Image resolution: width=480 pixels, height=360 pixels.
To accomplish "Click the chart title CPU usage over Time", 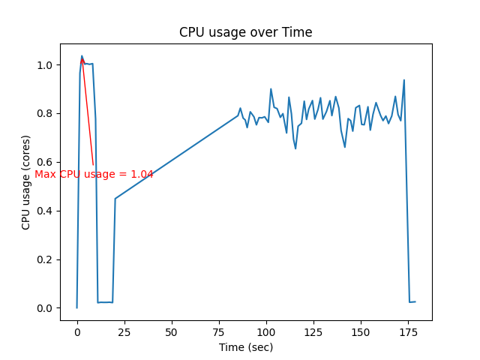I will pyautogui.click(x=245, y=32).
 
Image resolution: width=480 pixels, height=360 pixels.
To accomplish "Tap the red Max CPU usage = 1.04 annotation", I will pyautogui.click(x=94, y=174).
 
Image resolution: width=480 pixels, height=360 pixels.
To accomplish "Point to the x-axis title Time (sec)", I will pyautogui.click(x=246, y=347).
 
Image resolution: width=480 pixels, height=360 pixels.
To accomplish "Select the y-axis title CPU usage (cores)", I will pyautogui.click(x=26, y=182).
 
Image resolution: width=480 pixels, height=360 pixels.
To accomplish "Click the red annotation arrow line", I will pyautogui.click(x=88, y=112).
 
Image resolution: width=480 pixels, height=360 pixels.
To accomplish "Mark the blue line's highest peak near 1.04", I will pyautogui.click(x=82, y=55).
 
